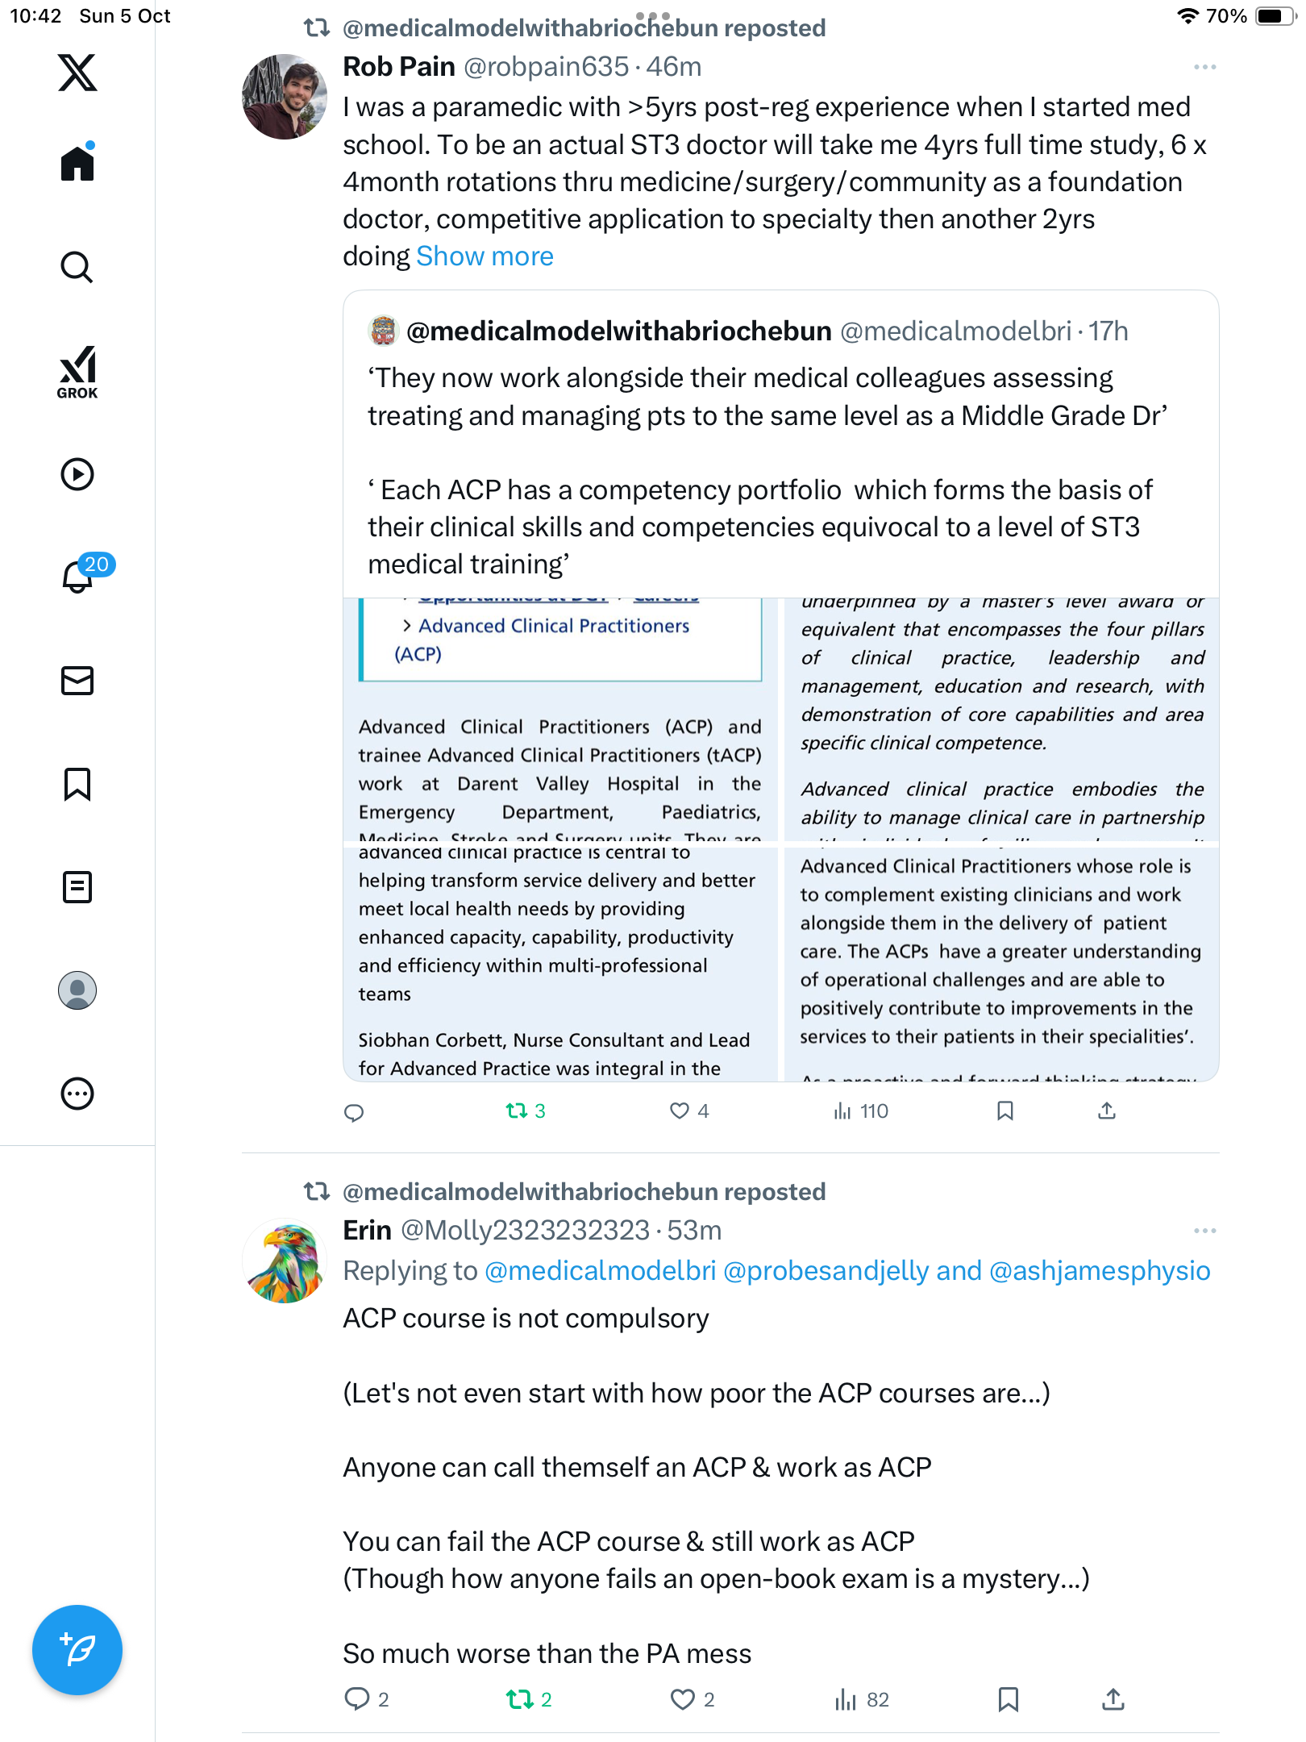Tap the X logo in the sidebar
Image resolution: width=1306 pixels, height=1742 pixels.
click(x=77, y=73)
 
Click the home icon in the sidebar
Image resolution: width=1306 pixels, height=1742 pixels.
click(x=77, y=164)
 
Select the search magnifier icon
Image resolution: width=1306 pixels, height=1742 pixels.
click(x=77, y=267)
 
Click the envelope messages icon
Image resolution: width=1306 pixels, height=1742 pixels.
click(x=77, y=681)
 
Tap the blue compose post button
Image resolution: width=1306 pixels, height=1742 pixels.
click(x=77, y=1650)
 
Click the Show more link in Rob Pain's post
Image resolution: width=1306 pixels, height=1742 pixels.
click(x=485, y=256)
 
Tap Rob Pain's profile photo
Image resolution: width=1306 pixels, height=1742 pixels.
click(x=285, y=97)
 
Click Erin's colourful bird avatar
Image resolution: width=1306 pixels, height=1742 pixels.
click(x=285, y=1261)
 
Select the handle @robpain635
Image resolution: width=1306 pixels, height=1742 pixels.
click(x=546, y=67)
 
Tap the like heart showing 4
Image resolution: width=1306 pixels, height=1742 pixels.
click(x=680, y=1111)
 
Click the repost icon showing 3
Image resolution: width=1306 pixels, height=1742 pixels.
click(x=517, y=1111)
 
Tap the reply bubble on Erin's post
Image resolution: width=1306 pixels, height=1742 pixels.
click(x=356, y=1699)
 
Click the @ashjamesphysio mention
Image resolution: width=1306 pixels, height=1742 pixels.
click(x=1100, y=1271)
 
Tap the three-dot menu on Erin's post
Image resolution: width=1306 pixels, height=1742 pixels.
click(x=1204, y=1231)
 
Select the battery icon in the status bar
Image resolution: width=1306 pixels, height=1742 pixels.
click(x=1274, y=16)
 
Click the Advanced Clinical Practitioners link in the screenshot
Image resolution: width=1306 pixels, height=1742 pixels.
click(x=554, y=627)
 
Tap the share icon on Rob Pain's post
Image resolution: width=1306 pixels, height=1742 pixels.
click(x=1107, y=1111)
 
